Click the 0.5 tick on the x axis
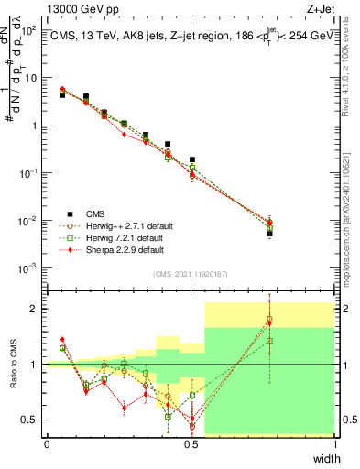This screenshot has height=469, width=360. [191, 444]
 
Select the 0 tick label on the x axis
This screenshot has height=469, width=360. [47, 444]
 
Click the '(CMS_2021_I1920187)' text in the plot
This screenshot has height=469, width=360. [191, 274]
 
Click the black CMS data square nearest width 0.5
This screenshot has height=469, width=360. [191, 159]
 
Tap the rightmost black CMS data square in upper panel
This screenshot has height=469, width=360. [269, 233]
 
